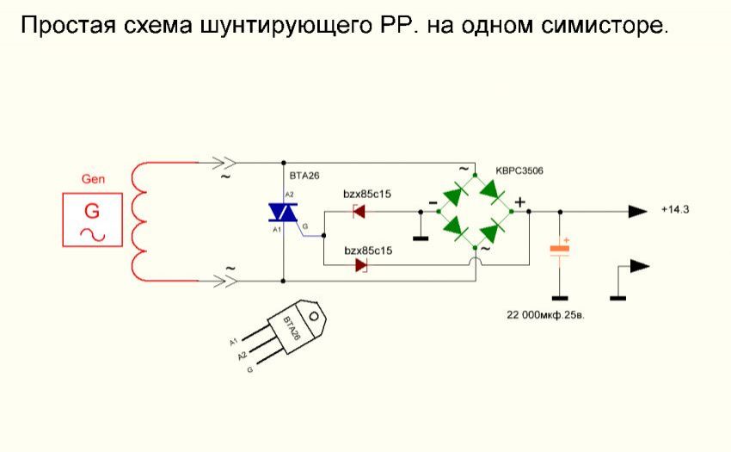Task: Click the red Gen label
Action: coord(92,179)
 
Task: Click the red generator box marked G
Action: coord(91,220)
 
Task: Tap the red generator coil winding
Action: coord(140,220)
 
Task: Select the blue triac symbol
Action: coord(283,212)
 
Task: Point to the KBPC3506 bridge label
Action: coord(519,170)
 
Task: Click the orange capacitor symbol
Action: coord(560,250)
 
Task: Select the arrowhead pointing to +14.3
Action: coord(637,211)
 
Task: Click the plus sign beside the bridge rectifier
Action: coord(519,203)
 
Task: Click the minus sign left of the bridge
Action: coord(432,204)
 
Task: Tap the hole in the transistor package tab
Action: coord(313,315)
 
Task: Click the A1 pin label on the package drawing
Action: coord(233,343)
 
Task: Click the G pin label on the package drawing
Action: coord(249,368)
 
